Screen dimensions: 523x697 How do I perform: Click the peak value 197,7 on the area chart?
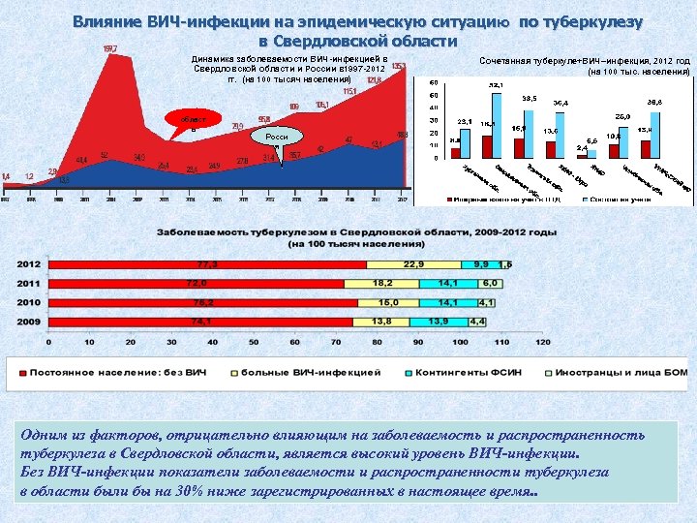point(110,47)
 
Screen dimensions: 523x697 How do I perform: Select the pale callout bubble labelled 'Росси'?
point(278,137)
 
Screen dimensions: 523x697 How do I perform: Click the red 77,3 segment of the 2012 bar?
point(206,263)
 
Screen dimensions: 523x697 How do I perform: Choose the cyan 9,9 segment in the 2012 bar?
point(480,263)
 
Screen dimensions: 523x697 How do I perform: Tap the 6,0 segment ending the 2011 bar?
point(491,283)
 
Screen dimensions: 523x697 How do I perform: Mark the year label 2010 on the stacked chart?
point(28,302)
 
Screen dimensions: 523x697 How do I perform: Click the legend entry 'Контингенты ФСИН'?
point(456,371)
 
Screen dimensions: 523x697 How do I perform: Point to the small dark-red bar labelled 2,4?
point(581,155)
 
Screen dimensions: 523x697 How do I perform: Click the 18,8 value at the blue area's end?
point(402,135)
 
